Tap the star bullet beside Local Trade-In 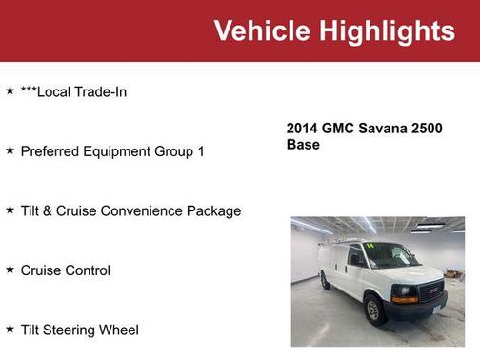click(x=10, y=90)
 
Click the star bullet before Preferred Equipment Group click(x=10, y=150)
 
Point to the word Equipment click(x=120, y=151)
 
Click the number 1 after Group click(x=201, y=151)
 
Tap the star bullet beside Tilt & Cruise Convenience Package click(x=10, y=210)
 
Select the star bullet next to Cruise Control click(x=10, y=270)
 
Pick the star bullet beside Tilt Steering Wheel click(x=10, y=329)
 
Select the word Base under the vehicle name click(x=303, y=145)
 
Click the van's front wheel click(x=375, y=310)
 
